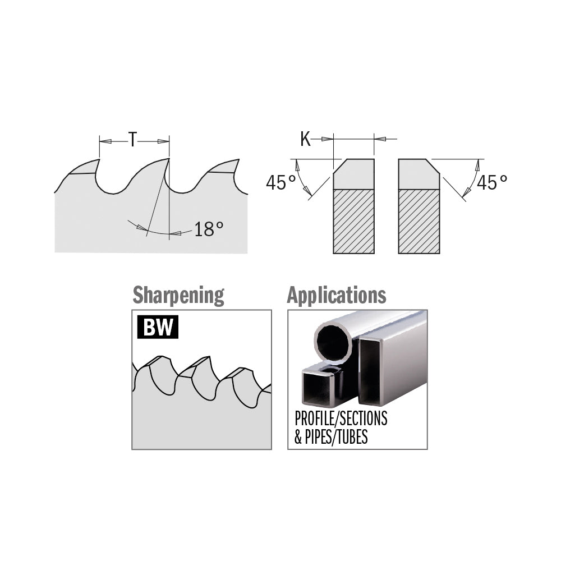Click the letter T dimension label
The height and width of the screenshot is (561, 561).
point(133,139)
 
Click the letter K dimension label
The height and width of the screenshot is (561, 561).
point(306,139)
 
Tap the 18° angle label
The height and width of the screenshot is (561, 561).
point(209,229)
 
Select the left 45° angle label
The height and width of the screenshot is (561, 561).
point(281,182)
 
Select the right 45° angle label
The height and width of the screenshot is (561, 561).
point(492,182)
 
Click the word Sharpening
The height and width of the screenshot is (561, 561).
point(178,296)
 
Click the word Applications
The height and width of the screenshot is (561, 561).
point(337,295)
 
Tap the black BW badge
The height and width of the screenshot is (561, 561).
point(158,327)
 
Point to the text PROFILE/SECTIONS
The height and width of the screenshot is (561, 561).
point(341,419)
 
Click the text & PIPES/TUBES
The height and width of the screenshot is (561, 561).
point(331,436)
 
